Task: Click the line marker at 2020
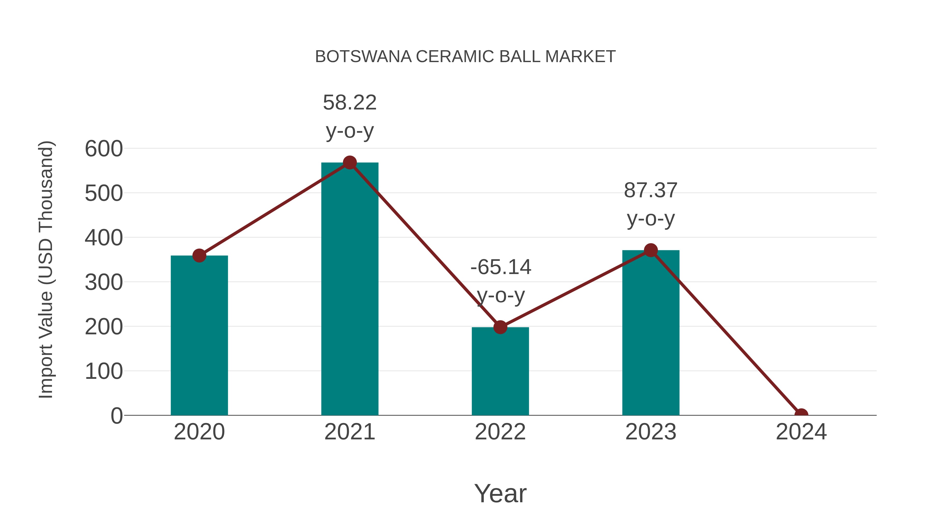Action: click(x=199, y=256)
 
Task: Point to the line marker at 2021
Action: click(x=349, y=163)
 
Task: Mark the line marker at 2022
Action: click(x=500, y=327)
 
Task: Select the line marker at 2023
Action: click(x=651, y=250)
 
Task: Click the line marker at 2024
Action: click(x=801, y=415)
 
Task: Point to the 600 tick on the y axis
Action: click(x=104, y=149)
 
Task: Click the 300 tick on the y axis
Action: click(x=104, y=282)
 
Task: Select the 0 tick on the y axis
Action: click(x=117, y=416)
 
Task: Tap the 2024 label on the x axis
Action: click(x=801, y=432)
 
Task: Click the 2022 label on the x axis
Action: click(x=500, y=432)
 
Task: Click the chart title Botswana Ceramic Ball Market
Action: click(x=465, y=57)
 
